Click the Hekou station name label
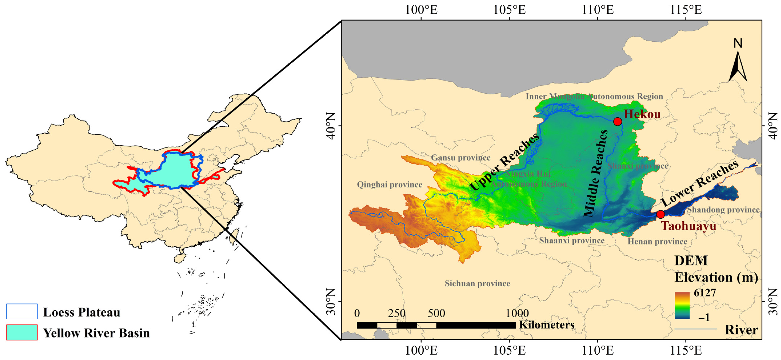642,114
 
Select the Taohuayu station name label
688,226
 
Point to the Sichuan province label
477,283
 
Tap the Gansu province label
460,158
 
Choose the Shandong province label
723,210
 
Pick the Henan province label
657,242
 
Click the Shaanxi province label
572,241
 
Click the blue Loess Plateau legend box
22,311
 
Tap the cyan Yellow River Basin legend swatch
22,332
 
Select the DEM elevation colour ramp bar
682,305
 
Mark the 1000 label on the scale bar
517,313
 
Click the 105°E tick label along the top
509,10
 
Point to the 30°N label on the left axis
331,301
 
